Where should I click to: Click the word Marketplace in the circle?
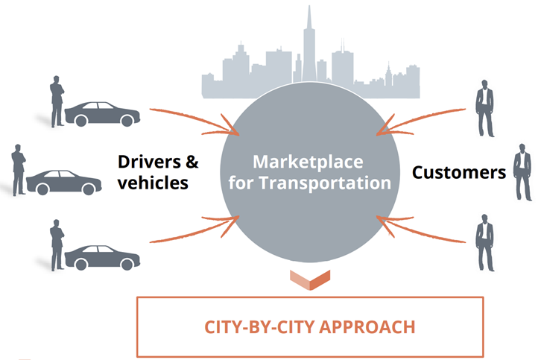(x=306, y=162)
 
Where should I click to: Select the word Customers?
(x=459, y=173)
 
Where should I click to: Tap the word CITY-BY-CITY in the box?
(x=256, y=327)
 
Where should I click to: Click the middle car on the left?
(x=63, y=182)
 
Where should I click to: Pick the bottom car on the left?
(x=102, y=256)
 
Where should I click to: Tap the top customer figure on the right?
(x=485, y=107)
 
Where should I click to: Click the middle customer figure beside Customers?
(x=520, y=172)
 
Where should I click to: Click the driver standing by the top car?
(x=57, y=100)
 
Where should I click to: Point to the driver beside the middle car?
(x=19, y=168)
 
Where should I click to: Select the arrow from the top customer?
(x=421, y=119)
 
